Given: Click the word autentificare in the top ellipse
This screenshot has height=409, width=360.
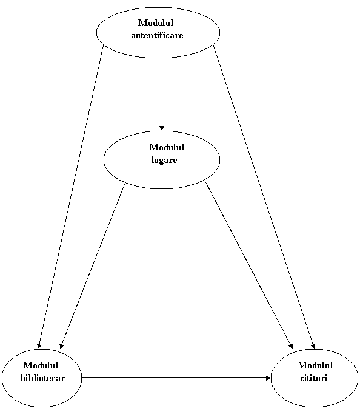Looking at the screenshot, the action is click(157, 35).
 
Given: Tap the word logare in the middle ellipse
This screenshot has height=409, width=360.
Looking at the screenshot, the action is click(164, 160).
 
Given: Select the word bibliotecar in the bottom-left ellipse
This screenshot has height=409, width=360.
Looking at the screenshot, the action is click(42, 378).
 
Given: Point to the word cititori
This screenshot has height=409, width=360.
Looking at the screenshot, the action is click(313, 378).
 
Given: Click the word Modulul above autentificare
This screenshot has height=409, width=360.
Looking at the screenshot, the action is click(156, 23).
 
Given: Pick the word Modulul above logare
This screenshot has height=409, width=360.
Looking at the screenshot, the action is click(167, 147).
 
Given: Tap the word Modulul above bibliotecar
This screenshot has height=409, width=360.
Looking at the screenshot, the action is click(41, 365).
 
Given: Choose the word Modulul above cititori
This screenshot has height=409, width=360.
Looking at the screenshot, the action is click(315, 365).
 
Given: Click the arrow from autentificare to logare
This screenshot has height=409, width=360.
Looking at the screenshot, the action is click(162, 94).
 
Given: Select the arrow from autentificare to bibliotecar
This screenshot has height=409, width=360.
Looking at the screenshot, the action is click(71, 197).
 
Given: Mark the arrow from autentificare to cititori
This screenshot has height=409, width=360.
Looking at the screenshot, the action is click(264, 197).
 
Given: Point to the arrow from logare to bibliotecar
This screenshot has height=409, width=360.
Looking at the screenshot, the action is click(92, 265).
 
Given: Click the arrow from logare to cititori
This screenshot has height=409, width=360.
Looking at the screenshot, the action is click(249, 265).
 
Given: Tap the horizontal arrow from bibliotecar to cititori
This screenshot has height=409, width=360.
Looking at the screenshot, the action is click(176, 377).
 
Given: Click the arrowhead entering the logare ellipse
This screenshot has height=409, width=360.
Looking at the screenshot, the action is click(162, 128).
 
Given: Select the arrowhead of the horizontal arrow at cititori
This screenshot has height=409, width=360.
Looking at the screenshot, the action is click(268, 377).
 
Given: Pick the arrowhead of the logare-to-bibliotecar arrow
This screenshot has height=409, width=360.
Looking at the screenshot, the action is click(61, 346).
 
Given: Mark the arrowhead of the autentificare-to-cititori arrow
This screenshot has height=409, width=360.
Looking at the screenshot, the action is click(313, 346).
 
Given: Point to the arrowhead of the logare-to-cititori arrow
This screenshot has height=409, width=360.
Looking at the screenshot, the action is click(291, 346).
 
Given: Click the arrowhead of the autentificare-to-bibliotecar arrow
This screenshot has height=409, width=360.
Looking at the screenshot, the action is click(39, 346).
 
